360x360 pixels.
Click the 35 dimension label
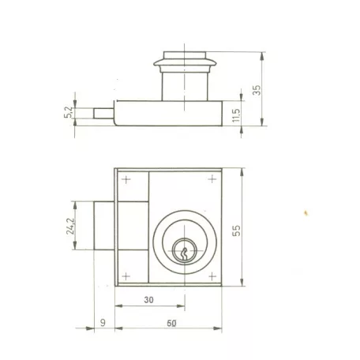pos(257,90)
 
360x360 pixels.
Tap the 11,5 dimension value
pos(236,115)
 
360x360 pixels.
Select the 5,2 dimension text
pos(68,112)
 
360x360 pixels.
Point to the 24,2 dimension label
pos(69,227)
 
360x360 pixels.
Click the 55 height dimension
pos(236,231)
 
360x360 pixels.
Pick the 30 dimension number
pos(148,300)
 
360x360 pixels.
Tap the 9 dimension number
pos(103,322)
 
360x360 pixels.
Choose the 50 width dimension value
pos(171,323)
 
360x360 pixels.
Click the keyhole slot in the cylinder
pos(184,254)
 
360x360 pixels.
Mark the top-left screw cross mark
pos(126,180)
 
